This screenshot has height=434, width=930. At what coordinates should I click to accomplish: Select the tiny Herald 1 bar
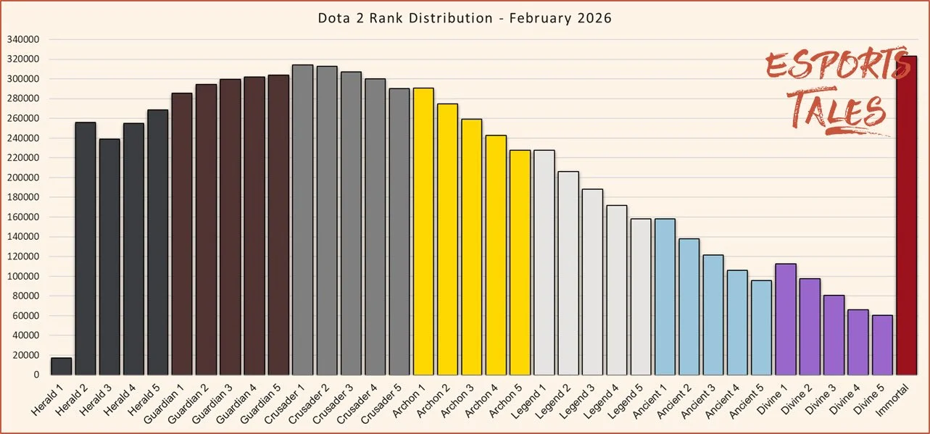pos(61,366)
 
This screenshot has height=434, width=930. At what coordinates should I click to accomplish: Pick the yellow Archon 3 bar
pos(471,246)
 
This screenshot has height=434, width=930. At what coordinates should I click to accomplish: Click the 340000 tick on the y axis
pos(24,40)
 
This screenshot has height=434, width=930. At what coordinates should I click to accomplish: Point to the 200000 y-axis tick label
pos(24,178)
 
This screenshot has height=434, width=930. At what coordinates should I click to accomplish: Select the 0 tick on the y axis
pos(35,375)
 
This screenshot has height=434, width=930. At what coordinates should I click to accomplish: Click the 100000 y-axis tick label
pos(24,276)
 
